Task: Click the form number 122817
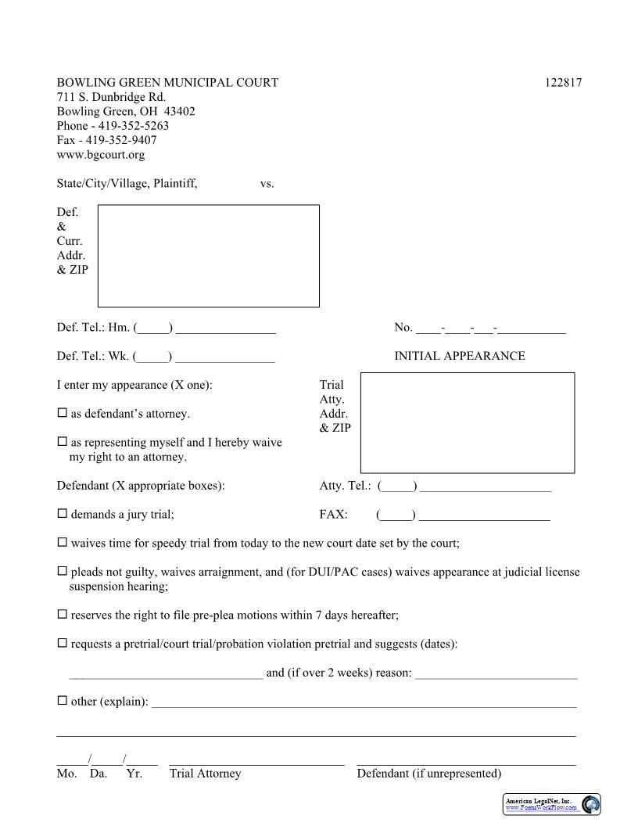coord(563,83)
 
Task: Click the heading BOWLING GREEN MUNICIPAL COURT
coord(167,83)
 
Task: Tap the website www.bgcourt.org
coord(100,155)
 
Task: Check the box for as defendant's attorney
coord(63,413)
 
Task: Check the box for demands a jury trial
coord(63,514)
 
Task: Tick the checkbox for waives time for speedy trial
coord(63,542)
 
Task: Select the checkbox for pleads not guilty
coord(63,571)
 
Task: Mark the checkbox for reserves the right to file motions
coord(63,615)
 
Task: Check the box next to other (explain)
coord(63,701)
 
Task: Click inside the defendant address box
coord(208,256)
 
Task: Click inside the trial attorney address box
coord(467,422)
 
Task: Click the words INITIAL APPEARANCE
coord(459,356)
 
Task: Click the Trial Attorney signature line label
coord(205,774)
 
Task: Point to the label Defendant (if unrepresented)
coord(428,774)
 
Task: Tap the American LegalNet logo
coord(551,804)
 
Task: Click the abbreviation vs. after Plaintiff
coord(267,184)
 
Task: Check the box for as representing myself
coord(63,442)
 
